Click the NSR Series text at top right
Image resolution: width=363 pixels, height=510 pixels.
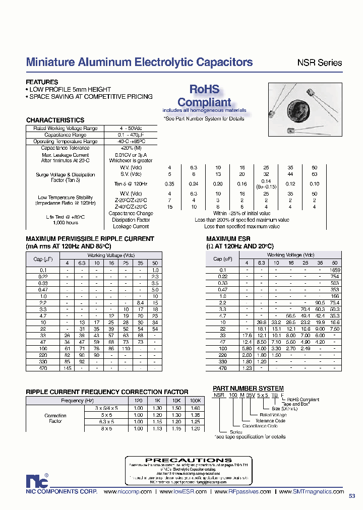tap(319, 63)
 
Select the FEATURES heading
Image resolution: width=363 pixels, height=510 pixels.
tap(42, 82)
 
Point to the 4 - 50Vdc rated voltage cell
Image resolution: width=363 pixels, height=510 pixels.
tap(128, 129)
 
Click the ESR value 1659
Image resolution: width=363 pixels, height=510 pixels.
tap(334, 270)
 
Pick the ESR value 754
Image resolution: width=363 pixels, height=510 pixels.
tap(334, 277)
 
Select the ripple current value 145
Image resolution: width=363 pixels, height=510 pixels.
tap(67, 368)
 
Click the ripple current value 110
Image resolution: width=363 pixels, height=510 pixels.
tap(126, 349)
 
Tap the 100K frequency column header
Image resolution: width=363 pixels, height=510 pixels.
tap(195, 401)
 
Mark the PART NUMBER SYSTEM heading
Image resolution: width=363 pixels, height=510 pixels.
tap(248, 388)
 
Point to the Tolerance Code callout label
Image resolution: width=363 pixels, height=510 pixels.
tap(271, 420)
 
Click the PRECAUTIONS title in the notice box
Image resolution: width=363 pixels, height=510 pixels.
tap(189, 460)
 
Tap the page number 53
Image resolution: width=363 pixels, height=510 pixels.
tap(352, 495)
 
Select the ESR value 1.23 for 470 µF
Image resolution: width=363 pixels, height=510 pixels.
tap(247, 368)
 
